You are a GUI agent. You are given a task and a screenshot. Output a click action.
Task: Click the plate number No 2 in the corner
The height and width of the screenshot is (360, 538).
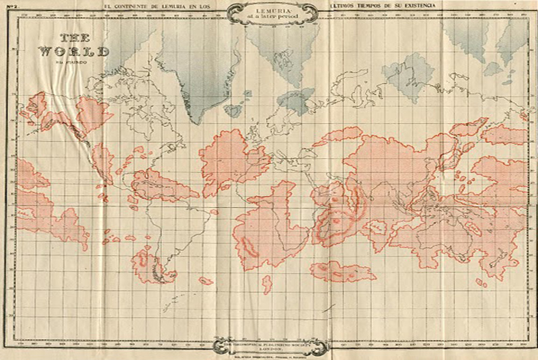9,6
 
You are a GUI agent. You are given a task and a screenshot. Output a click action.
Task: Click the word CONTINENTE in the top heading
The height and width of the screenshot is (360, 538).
155,6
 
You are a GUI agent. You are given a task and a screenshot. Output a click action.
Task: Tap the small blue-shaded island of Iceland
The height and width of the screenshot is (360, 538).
235,109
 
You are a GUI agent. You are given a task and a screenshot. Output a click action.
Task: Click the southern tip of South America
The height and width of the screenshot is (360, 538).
159,276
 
